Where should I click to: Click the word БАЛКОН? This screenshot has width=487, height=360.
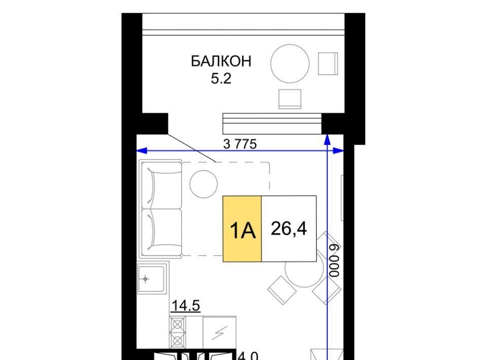click(221, 61)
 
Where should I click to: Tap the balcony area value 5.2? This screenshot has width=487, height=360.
click(221, 79)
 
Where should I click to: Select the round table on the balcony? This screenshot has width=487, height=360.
click(290, 63)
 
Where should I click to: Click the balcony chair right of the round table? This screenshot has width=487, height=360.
click(328, 63)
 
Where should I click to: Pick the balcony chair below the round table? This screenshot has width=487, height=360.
click(290, 99)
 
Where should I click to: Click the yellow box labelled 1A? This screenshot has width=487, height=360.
click(242, 229)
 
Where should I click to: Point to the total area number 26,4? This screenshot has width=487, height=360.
click(289, 229)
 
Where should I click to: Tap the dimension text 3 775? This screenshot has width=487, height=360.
click(240, 144)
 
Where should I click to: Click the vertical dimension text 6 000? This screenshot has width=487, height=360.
click(335, 261)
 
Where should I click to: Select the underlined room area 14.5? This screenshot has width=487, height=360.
click(186, 306)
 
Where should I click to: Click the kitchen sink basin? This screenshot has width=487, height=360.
click(151, 279)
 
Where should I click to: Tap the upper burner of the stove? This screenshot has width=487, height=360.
click(178, 325)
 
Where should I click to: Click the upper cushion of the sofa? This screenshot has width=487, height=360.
click(161, 185)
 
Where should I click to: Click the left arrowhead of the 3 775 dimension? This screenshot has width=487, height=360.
click(142, 151)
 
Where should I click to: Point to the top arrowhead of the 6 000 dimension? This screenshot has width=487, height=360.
click(327, 139)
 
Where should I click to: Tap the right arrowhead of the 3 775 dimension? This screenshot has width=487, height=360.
click(339, 151)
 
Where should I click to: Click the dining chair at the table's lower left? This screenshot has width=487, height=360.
click(282, 290)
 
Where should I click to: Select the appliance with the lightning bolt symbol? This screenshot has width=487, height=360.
click(219, 333)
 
